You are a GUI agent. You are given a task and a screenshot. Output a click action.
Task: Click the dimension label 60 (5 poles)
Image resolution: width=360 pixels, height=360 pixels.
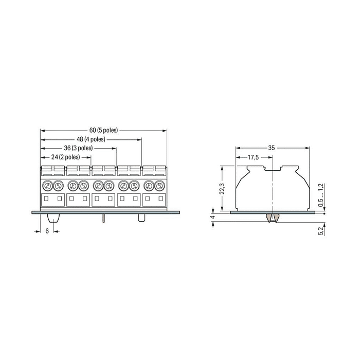tap(103, 130)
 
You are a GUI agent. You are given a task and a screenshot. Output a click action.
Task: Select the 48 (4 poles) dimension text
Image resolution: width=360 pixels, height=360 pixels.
tap(91, 139)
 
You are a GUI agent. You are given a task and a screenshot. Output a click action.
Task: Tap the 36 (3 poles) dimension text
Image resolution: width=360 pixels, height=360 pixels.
tap(78, 148)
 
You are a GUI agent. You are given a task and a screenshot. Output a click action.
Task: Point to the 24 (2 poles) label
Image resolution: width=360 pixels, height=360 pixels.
tap(65, 156)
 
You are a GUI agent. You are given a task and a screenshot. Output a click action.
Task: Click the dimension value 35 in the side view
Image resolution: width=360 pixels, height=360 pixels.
tap(272, 148)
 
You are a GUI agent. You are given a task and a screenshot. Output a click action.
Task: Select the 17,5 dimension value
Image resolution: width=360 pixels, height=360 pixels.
tap(253, 157)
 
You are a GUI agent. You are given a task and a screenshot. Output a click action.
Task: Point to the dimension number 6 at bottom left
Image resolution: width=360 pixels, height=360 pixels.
tap(47, 231)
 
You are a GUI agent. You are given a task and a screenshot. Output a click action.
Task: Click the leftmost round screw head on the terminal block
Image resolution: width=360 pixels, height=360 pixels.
tap(47, 186)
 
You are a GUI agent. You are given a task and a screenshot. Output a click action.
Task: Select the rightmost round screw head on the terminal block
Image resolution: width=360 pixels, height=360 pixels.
tap(161, 186)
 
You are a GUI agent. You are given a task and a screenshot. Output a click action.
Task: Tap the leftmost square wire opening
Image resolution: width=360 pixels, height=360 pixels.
tap(46, 199)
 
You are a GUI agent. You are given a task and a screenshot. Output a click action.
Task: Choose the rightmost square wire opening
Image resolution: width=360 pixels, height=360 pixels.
tap(161, 199)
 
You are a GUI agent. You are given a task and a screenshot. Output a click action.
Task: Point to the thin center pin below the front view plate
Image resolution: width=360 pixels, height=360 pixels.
tap(104, 218)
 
